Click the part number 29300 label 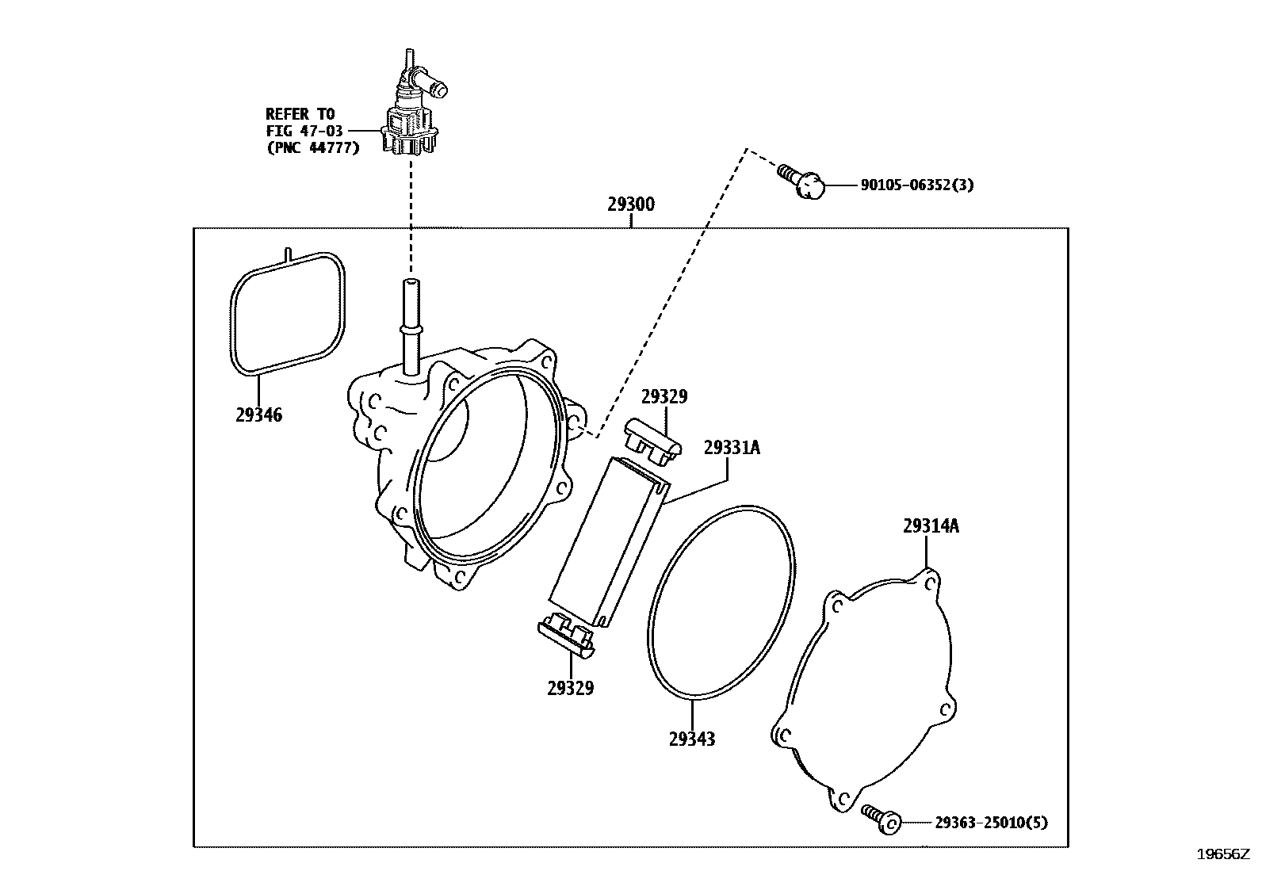(x=631, y=204)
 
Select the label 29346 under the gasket (x=258, y=414)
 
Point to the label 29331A (x=731, y=449)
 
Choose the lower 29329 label (x=570, y=688)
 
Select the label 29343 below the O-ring (x=691, y=739)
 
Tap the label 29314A (x=930, y=525)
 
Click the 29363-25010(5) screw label (x=990, y=823)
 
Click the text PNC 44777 (x=312, y=147)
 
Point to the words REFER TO (x=300, y=114)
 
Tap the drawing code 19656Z (x=1222, y=854)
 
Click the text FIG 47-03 (x=304, y=131)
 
